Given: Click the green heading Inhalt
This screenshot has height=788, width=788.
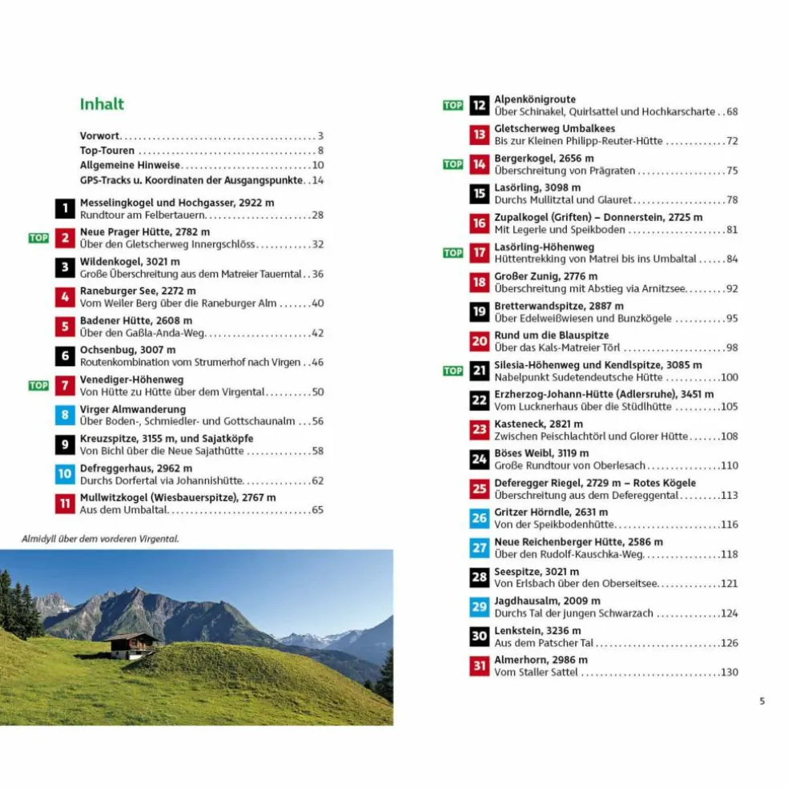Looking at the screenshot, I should (102, 104).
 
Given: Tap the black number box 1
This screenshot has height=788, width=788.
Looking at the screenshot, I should (65, 209).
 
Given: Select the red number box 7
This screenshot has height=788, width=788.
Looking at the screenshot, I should (65, 386).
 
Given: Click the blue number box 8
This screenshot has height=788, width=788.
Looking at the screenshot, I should (65, 415).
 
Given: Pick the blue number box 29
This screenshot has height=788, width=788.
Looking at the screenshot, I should (479, 606).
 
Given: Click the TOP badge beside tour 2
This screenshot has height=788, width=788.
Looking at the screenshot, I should (38, 238).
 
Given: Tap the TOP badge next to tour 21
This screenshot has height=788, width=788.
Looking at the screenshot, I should (453, 371).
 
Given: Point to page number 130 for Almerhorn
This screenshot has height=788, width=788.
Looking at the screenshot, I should (729, 672).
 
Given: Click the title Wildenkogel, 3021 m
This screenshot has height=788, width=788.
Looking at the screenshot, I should (130, 262).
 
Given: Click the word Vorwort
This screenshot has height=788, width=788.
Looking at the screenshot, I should (99, 136).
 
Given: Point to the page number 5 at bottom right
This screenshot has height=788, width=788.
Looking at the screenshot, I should (762, 701).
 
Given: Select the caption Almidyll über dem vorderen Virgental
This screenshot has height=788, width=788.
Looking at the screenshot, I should (100, 539).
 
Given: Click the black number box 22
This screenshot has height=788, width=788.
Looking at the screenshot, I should (479, 400).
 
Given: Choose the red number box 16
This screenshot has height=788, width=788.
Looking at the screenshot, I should (479, 223).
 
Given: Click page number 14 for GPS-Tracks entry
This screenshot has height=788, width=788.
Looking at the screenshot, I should (317, 180).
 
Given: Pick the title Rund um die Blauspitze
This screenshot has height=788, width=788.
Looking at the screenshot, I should (551, 336).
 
